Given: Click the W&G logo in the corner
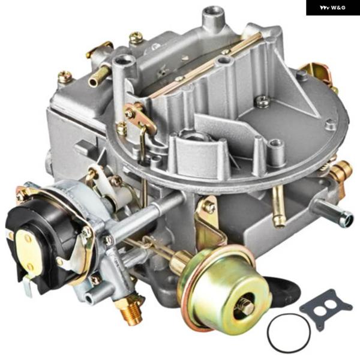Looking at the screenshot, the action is click(332, 8).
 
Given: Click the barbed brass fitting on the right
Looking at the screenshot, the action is click(340, 170).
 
